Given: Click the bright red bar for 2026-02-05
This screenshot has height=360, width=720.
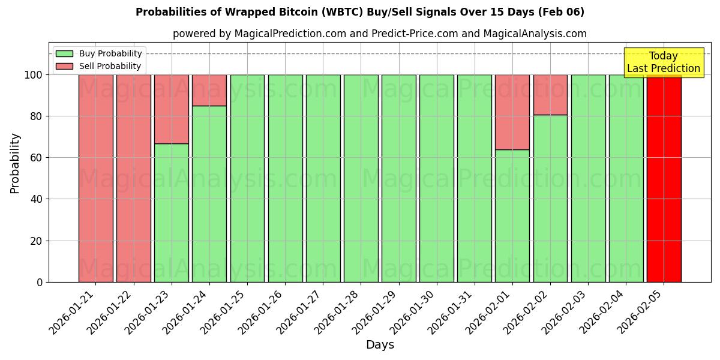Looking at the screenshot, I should (664, 180).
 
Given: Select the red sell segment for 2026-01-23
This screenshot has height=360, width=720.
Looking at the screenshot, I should (172, 109).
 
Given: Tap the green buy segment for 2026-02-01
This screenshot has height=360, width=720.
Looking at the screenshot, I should (512, 216).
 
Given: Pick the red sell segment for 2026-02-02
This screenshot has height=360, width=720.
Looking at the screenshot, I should (550, 94).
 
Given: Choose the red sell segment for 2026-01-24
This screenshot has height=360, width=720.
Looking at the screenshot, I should (209, 90).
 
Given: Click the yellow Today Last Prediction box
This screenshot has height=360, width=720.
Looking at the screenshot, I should (663, 62).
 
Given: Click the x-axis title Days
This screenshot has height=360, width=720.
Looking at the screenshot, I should (380, 345).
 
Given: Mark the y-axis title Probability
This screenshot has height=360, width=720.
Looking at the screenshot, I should (15, 163).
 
